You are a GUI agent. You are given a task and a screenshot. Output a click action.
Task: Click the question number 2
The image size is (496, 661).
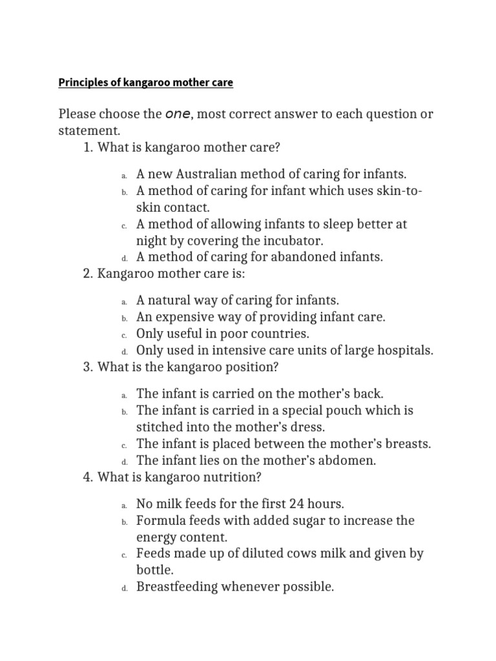coord(88,274)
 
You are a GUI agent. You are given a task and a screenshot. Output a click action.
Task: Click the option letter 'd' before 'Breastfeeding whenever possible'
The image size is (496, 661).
coord(123,588)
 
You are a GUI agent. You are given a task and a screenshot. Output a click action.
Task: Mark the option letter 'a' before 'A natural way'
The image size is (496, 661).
coord(123,301)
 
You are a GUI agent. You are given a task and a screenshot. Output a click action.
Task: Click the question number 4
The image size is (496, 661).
coord(88,478)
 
